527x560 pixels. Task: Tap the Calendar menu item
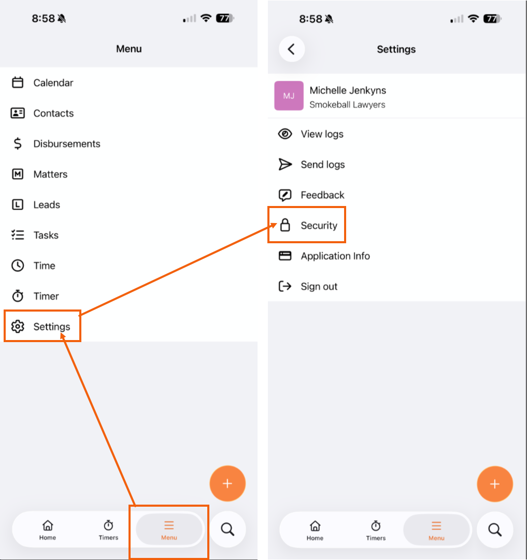pos(53,83)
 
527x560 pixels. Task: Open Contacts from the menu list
pos(53,113)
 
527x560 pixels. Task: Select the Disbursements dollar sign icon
pos(18,143)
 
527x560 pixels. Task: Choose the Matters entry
pos(50,174)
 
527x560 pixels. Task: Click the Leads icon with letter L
pos(18,204)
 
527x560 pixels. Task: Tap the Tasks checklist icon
pos(18,235)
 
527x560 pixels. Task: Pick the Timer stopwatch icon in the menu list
pos(18,296)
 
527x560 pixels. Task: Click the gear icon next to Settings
pos(18,327)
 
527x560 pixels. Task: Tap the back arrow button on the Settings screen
pos(292,49)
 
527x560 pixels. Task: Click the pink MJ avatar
pos(289,96)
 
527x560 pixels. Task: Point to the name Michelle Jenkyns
pos(348,91)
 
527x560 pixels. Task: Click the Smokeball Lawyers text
pos(348,105)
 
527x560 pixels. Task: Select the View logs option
pos(322,134)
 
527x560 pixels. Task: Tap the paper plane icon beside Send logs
pos(285,164)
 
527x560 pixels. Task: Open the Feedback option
pos(322,195)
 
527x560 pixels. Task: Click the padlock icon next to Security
pos(285,225)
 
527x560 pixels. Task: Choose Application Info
pos(335,256)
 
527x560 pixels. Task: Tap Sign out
pos(319,286)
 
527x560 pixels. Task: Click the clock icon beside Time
pos(18,266)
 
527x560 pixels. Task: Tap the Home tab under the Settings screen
pos(315,530)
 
